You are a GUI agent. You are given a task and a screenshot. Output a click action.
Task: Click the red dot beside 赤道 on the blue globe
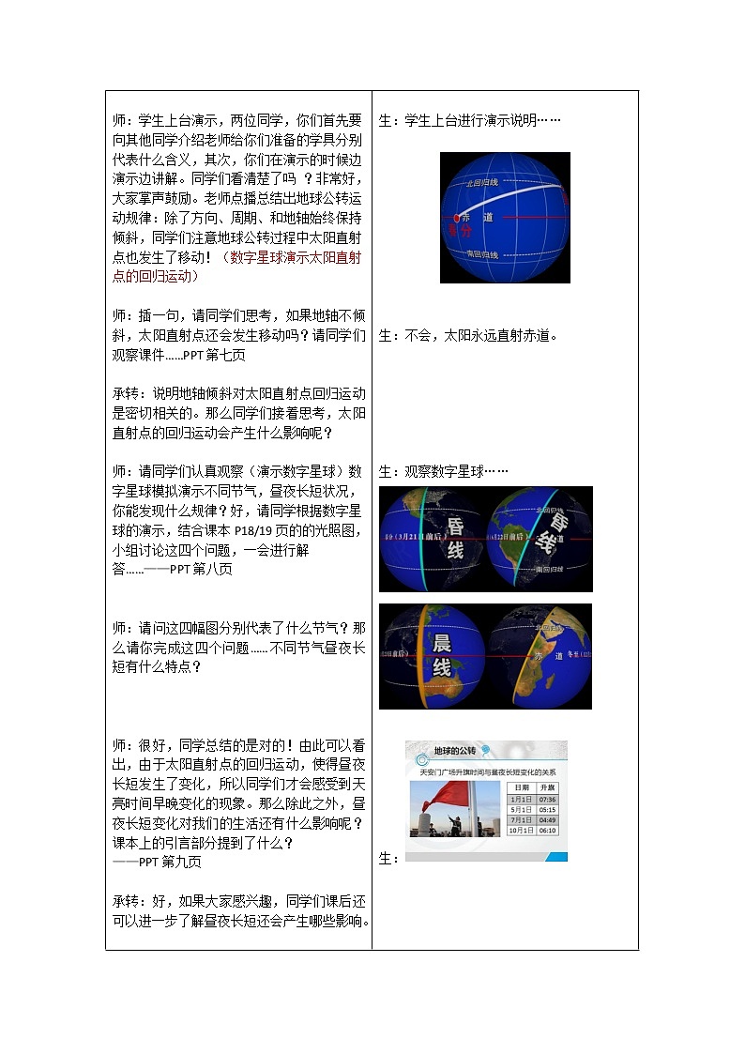[458, 218]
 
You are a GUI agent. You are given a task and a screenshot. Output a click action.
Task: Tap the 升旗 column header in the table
[546, 787]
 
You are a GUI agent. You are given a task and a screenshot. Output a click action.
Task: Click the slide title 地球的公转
[454, 751]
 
